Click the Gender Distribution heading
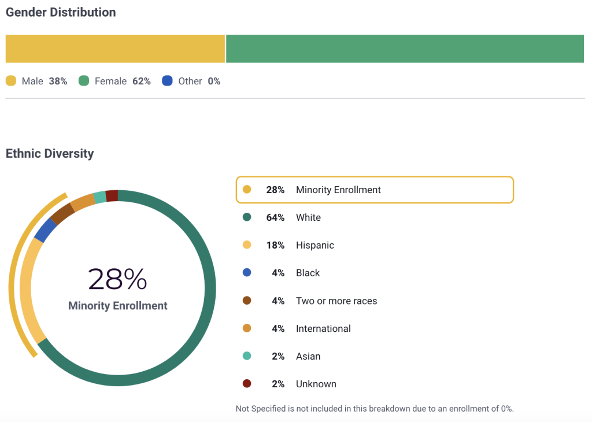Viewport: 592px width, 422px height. pos(61,12)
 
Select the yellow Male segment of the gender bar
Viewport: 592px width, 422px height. pos(115,49)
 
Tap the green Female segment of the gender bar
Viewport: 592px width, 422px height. pos(405,49)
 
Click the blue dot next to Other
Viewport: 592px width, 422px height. pos(168,81)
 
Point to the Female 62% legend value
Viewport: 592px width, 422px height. pos(141,82)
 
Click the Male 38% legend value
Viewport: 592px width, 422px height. pos(58,82)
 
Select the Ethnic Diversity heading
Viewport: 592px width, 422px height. pos(50,153)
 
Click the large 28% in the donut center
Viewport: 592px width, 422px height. pos(117,279)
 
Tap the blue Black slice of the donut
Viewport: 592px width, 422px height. pos(45,231)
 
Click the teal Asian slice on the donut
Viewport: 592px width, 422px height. pos(99,197)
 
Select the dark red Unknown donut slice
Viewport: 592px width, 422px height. pos(112,195)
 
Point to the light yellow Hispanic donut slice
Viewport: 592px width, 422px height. pos(29,289)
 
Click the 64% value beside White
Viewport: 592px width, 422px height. pos(275,217)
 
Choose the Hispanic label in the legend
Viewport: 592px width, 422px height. pos(315,245)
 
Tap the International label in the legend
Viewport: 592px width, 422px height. pos(323,328)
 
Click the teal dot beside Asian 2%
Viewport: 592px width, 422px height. pos(247,356)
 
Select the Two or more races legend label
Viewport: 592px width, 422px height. pos(336,301)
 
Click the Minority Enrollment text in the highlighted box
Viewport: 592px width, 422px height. pos(338,190)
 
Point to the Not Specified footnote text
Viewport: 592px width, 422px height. pos(375,409)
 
